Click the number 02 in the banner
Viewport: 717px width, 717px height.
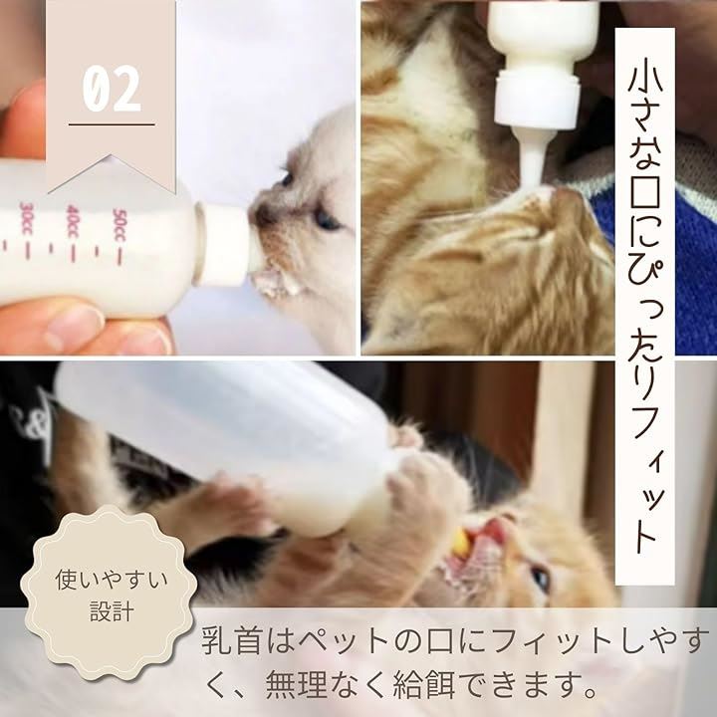click(x=112, y=89)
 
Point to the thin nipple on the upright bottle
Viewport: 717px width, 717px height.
click(x=533, y=161)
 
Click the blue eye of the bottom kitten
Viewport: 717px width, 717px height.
click(x=541, y=580)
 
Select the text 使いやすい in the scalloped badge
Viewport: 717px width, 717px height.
click(x=112, y=580)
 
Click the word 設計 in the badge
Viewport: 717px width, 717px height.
click(x=112, y=611)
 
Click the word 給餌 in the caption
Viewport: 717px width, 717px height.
click(x=424, y=683)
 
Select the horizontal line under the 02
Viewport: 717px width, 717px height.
click(x=112, y=123)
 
